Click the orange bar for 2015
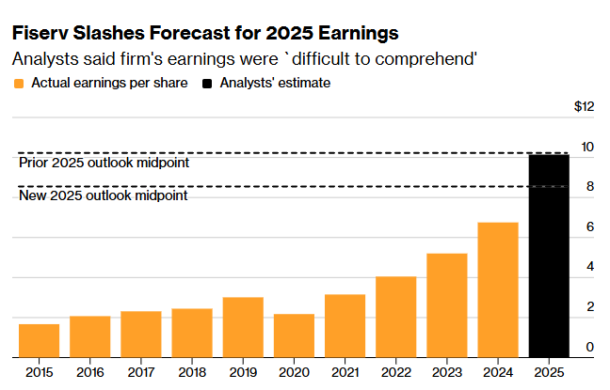39,341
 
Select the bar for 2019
243,327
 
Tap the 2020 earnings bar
294,335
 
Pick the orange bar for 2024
498,289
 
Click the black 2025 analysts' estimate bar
549,256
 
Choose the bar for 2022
395,317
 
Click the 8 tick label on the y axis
588,187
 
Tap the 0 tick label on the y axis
588,348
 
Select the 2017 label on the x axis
140,371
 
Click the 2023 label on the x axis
446,371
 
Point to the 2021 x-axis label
345,371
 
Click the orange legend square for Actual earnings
18,84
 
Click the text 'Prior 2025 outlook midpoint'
104,163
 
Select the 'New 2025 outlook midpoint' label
103,195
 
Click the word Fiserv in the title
40,33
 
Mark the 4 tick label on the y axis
588,267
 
